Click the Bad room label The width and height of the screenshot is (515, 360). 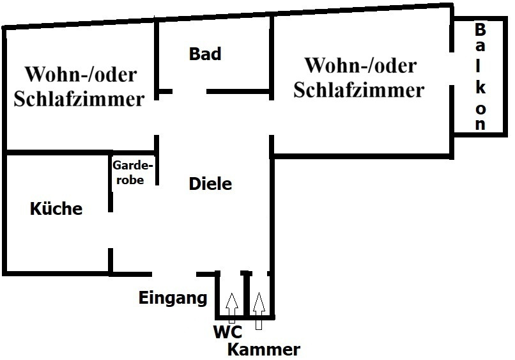(205, 54)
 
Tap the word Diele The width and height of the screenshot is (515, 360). (210, 184)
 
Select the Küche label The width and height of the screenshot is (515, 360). (56, 208)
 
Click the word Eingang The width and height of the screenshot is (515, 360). (173, 298)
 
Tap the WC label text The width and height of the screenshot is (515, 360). (227, 332)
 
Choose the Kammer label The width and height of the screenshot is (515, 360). (264, 350)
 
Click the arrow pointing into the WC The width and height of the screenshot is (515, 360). (232, 308)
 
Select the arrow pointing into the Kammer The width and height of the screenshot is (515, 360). (259, 311)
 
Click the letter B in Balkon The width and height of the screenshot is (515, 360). (480, 29)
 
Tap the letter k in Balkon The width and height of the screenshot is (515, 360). (480, 88)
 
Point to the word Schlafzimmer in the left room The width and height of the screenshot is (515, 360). (79, 98)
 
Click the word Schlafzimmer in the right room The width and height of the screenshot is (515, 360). (358, 90)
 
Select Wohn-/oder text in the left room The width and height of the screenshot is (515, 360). (81, 74)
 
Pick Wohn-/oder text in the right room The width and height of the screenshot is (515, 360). (361, 65)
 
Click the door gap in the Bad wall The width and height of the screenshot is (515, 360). (190, 91)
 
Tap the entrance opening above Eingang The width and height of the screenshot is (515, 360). (174, 274)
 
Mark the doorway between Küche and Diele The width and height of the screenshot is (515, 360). (111, 230)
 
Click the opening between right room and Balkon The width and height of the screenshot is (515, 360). (452, 68)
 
